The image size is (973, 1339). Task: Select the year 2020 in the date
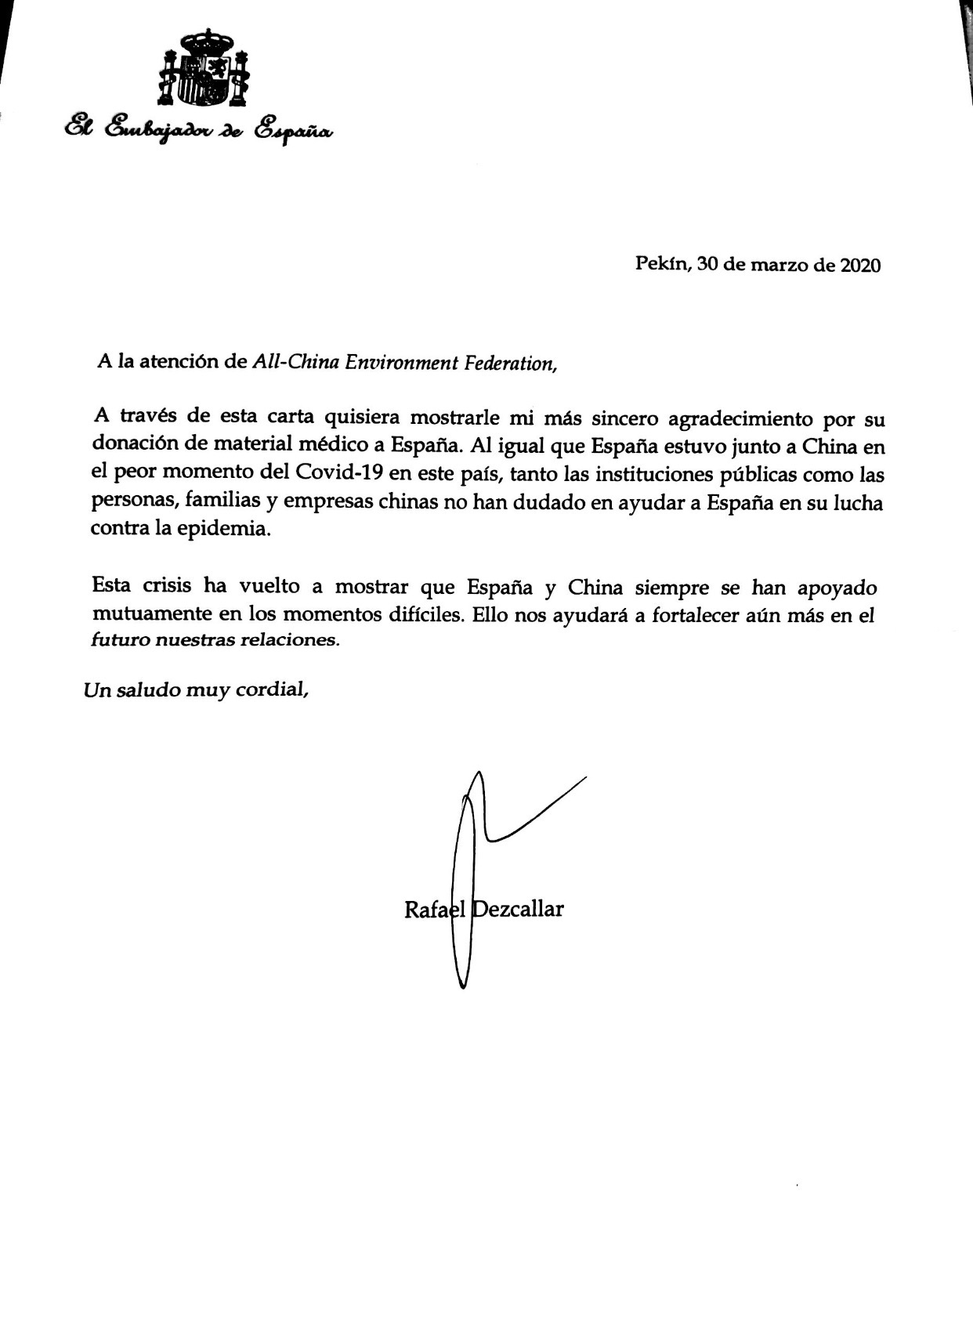[x=860, y=266]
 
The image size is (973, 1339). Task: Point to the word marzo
[x=780, y=266]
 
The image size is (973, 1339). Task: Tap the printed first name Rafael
[x=436, y=910]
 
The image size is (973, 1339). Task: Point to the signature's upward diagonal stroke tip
[x=585, y=778]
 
